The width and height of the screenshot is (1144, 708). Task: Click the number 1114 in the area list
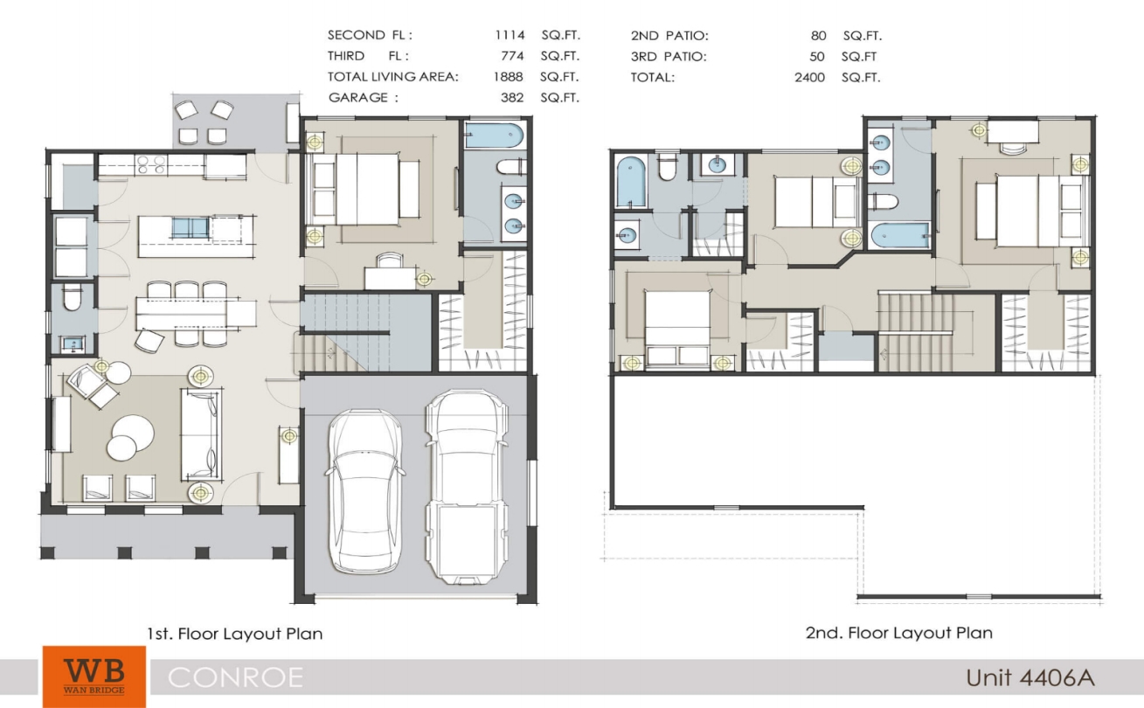click(510, 35)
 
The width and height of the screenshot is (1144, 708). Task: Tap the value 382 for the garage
click(512, 98)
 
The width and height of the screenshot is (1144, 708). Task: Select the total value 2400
click(809, 78)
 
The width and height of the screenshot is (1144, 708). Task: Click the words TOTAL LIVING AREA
click(392, 77)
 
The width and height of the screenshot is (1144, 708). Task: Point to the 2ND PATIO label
click(669, 36)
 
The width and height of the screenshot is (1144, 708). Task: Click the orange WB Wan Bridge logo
click(94, 677)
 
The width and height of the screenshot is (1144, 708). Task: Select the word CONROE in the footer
click(235, 678)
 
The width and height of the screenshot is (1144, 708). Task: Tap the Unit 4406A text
click(1030, 678)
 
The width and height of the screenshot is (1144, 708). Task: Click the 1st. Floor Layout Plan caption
click(235, 634)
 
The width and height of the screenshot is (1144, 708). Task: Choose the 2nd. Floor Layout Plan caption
click(899, 633)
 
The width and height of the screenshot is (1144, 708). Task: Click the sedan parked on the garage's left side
click(364, 491)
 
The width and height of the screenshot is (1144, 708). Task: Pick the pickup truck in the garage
click(467, 487)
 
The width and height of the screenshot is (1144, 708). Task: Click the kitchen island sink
click(191, 228)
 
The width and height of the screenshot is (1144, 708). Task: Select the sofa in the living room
click(201, 434)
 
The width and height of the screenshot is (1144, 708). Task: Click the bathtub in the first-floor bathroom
click(494, 135)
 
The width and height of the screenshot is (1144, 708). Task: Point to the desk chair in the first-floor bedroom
click(389, 260)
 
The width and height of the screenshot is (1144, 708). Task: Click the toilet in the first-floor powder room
click(72, 298)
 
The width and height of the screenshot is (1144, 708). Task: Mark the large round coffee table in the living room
click(134, 432)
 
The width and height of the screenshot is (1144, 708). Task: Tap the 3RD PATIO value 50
click(817, 57)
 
